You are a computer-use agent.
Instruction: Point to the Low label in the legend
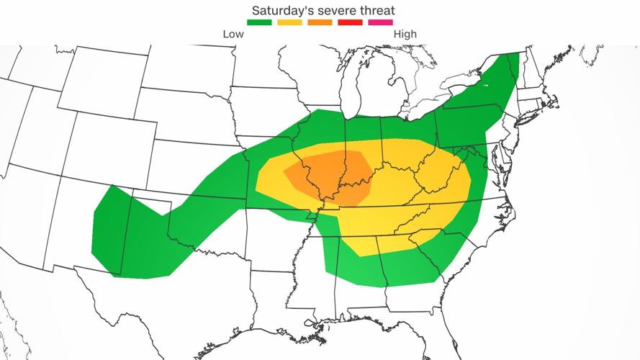pos(233,34)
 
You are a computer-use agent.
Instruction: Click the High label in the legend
pos(405,34)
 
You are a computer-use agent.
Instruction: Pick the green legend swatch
pos(259,23)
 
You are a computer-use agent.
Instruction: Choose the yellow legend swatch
pos(289,23)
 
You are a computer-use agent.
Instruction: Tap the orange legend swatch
pos(320,23)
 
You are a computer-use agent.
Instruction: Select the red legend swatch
pos(350,23)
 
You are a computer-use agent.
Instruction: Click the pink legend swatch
pos(380,23)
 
